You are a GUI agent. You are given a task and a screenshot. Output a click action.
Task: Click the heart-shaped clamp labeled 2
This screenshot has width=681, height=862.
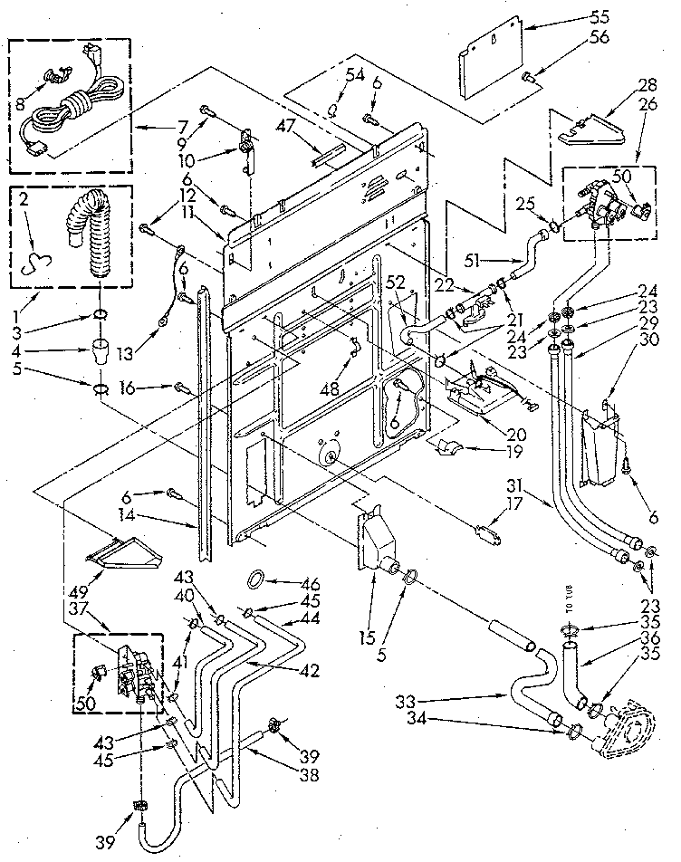[x=37, y=261]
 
